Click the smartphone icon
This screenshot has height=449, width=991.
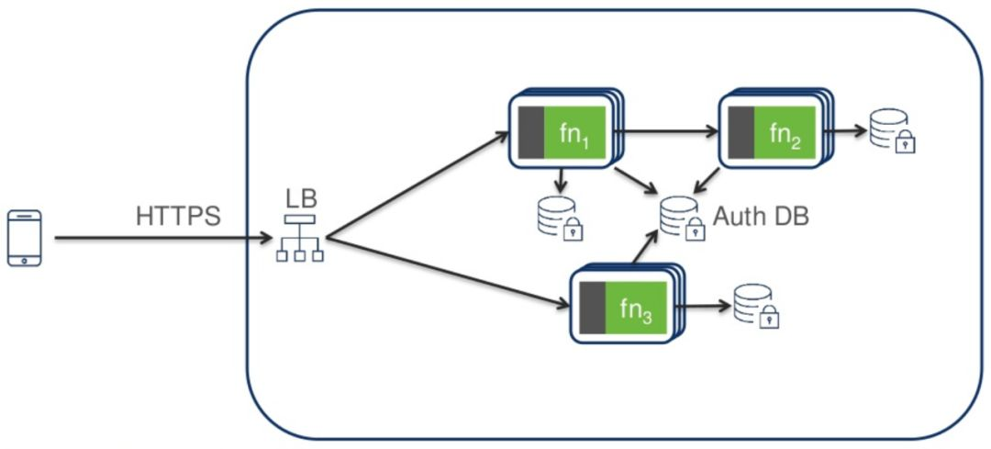[25, 239]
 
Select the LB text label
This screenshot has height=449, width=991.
[300, 197]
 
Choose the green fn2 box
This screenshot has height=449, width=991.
[785, 134]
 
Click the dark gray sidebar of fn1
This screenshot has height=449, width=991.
[530, 134]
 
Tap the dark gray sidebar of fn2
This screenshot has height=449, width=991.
[740, 134]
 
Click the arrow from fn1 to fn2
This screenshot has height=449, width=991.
[665, 131]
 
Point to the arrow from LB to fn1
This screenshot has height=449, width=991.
[418, 187]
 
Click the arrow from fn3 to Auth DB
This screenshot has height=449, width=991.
[645, 249]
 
